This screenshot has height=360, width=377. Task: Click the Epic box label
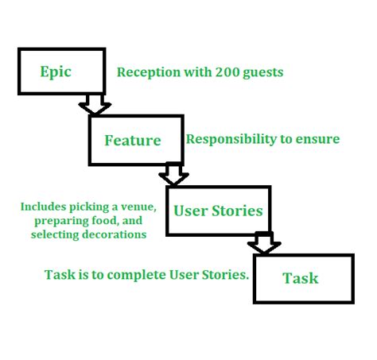click(x=56, y=72)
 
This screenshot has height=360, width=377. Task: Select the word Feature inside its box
click(x=133, y=140)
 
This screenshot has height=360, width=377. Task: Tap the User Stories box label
click(x=218, y=211)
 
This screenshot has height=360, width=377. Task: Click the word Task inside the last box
click(x=301, y=278)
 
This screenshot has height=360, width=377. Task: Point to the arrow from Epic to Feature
click(x=95, y=104)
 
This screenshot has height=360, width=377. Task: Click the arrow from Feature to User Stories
click(x=173, y=173)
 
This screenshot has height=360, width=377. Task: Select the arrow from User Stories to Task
click(x=264, y=242)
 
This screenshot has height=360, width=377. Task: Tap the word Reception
click(x=149, y=72)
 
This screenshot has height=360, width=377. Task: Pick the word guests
click(x=263, y=73)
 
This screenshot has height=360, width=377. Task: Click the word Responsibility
click(x=231, y=139)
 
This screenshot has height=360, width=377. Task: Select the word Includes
click(x=43, y=207)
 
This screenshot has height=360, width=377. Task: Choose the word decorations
click(x=115, y=234)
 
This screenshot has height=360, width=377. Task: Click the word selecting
click(x=55, y=235)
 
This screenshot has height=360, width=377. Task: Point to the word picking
click(x=89, y=207)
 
